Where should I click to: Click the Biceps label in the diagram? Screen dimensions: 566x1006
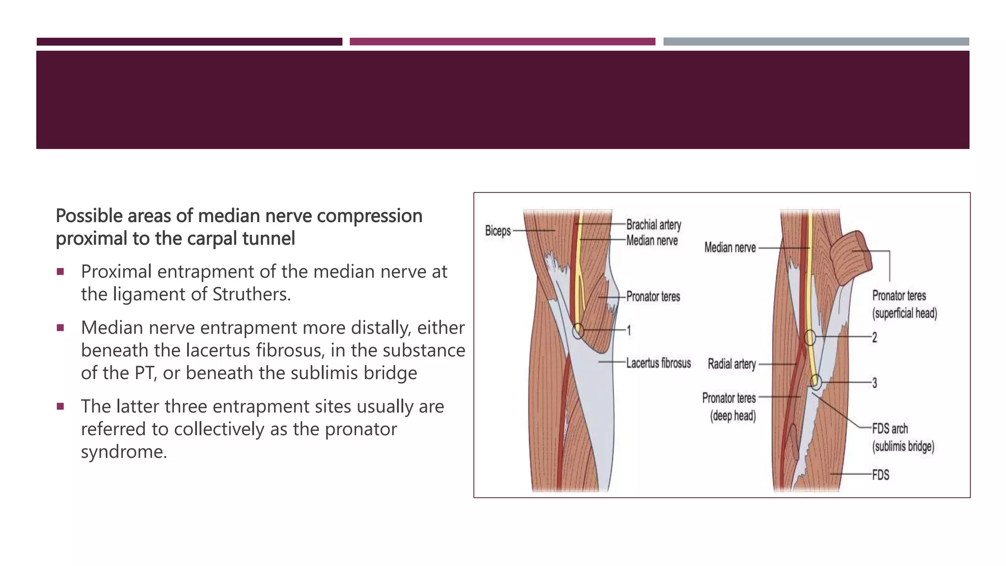tap(498, 230)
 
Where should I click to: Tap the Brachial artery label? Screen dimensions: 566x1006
tap(653, 225)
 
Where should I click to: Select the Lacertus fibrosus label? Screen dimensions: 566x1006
tap(658, 363)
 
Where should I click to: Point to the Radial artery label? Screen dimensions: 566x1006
tap(731, 364)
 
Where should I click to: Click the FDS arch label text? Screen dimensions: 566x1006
tap(890, 429)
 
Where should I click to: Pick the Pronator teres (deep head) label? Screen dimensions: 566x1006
tap(729, 407)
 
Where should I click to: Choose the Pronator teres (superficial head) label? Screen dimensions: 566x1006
tap(904, 304)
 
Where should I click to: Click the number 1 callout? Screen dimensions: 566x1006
tap(628, 331)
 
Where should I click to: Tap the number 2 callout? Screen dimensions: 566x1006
tap(874, 338)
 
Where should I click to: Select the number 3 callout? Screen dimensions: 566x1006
tap(874, 383)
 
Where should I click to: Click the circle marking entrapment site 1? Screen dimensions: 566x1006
tap(579, 330)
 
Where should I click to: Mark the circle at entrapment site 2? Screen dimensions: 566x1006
tap(810, 338)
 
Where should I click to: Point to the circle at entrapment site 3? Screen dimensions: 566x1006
tap(815, 381)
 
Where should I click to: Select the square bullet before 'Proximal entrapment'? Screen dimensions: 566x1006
tap(60, 272)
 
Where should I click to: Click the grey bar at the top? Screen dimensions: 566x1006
tap(816, 42)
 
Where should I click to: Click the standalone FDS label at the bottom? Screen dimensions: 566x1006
tap(880, 475)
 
